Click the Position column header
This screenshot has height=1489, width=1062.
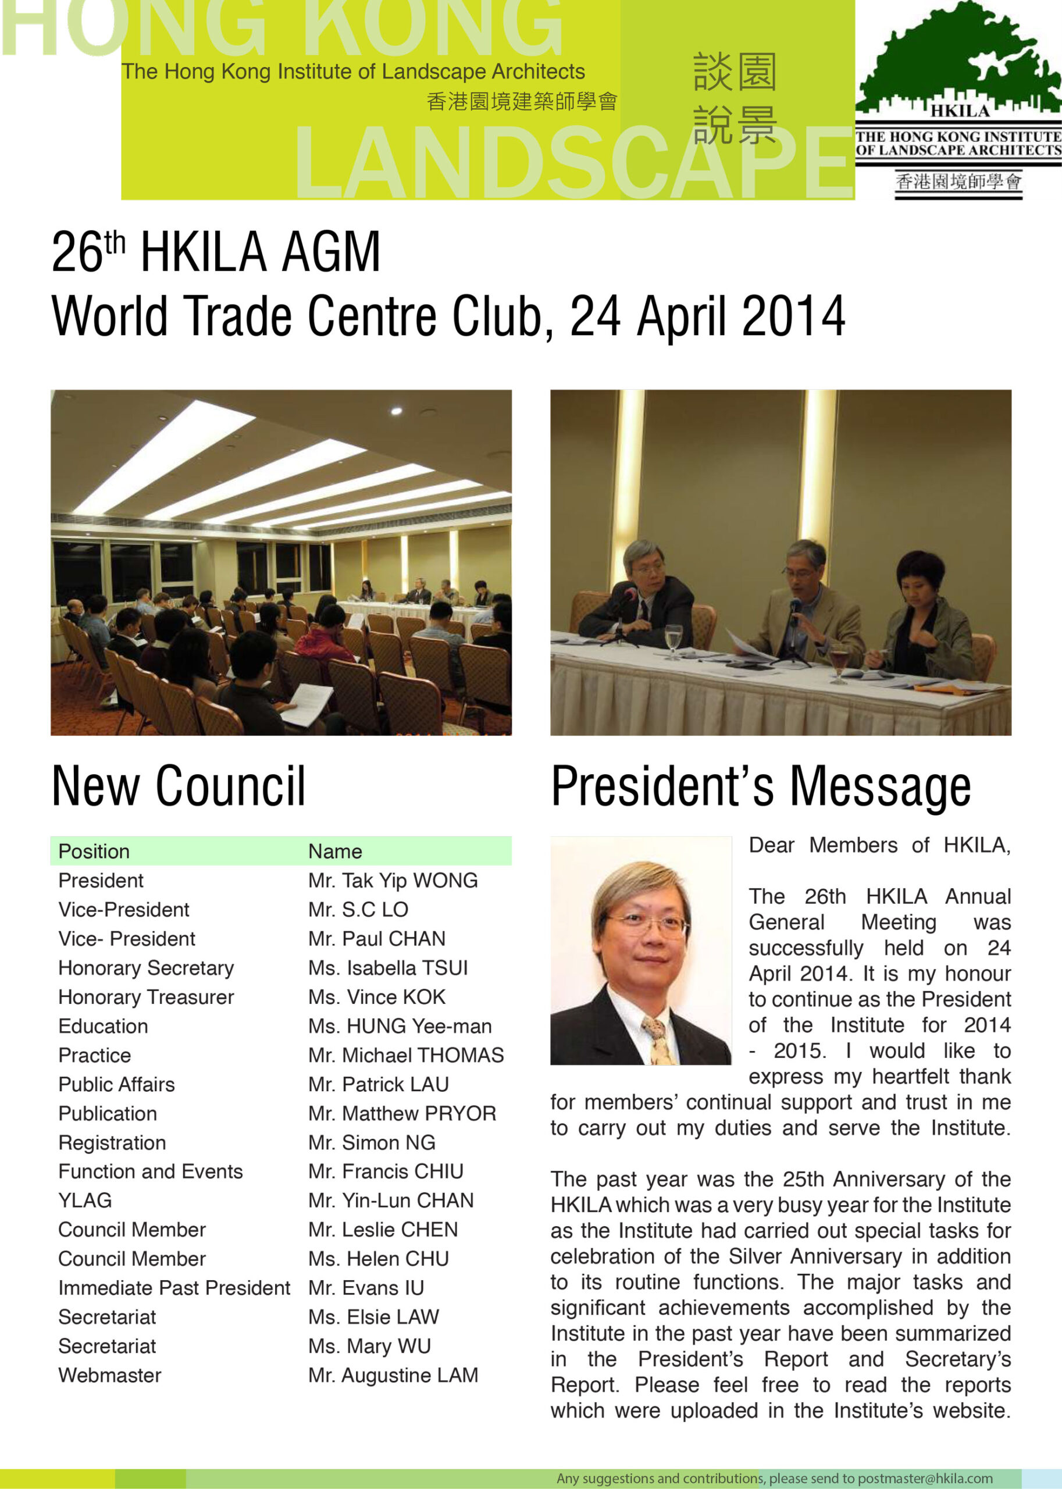94,852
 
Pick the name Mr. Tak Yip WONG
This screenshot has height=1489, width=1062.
393,881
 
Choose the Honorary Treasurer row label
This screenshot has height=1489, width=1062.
146,998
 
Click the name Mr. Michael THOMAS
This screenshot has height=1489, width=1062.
405,1056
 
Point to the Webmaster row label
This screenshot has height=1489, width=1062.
109,1375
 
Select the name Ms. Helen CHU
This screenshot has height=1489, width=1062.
378,1259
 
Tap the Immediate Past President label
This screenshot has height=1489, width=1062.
174,1288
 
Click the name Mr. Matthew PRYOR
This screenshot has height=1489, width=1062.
401,1114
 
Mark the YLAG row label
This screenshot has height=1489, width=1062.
85,1201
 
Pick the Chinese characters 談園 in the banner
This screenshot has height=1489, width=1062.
735,72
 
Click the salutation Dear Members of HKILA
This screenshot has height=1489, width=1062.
879,846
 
